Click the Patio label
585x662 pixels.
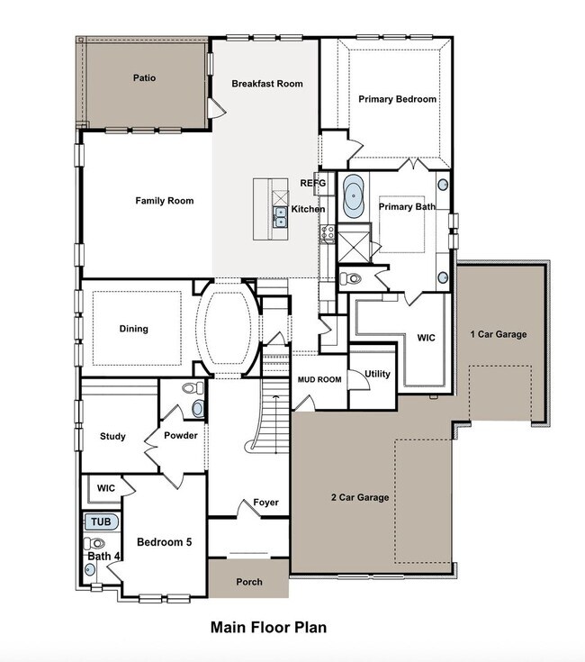144,78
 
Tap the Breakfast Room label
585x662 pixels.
266,84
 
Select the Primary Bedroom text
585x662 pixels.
397,99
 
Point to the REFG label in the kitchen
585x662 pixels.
311,183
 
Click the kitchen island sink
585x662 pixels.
281,216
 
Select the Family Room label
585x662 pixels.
165,201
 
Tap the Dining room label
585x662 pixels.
134,329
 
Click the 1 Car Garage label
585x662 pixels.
498,334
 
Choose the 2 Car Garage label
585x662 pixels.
359,497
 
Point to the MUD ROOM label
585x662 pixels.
319,380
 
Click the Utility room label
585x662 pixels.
377,374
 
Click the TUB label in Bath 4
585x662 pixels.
100,521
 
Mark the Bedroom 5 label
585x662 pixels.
164,542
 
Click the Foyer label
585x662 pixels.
265,503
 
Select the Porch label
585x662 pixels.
249,582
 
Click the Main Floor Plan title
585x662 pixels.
268,627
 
